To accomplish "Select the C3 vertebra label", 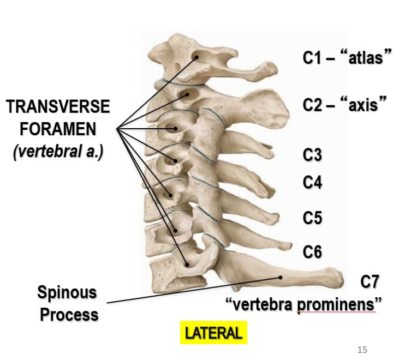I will pyautogui.click(x=313, y=155).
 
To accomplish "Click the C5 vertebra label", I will pyautogui.click(x=313, y=218).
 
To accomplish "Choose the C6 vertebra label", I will pyautogui.click(x=313, y=252).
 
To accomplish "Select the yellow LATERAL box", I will pyautogui.click(x=213, y=333).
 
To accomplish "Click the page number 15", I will pyautogui.click(x=362, y=350).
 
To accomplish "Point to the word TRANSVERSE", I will pyautogui.click(x=58, y=107).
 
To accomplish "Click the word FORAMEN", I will pyautogui.click(x=58, y=129).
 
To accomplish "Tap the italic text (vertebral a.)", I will pyautogui.click(x=58, y=151).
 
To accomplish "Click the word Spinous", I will pyautogui.click(x=67, y=293).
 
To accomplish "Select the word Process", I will pyautogui.click(x=69, y=315).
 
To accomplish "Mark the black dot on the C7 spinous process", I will pyautogui.click(x=281, y=277).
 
